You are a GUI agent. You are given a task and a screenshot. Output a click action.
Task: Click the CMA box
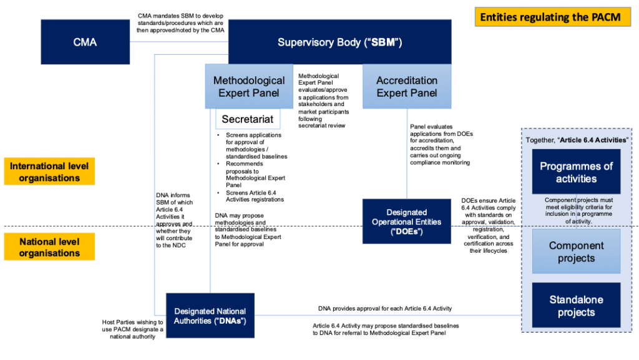[84, 42]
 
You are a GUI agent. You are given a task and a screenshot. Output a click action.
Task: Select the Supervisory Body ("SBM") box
[339, 42]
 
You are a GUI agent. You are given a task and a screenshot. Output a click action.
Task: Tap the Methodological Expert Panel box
[249, 87]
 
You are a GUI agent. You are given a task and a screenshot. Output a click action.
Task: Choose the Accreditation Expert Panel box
[407, 87]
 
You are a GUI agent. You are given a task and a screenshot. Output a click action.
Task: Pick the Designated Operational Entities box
[407, 221]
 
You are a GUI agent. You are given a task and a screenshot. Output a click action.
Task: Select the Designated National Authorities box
[210, 316]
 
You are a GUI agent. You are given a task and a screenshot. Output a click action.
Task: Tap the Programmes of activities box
[576, 172]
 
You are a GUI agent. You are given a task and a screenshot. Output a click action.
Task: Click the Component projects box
[576, 251]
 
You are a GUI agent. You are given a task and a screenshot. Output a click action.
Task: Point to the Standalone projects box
[576, 306]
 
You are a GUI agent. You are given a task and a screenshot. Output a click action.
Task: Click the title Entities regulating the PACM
[550, 17]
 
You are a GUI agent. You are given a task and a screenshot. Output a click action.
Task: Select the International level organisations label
[50, 172]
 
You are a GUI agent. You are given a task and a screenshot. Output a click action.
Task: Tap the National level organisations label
[50, 247]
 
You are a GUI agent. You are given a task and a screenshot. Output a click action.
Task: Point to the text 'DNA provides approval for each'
[384, 308]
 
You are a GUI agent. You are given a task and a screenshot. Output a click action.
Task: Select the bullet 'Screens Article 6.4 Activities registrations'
[253, 195]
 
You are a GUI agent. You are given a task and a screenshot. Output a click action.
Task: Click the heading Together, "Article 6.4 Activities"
[576, 139]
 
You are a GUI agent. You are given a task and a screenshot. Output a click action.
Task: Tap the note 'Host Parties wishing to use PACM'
[132, 329]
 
